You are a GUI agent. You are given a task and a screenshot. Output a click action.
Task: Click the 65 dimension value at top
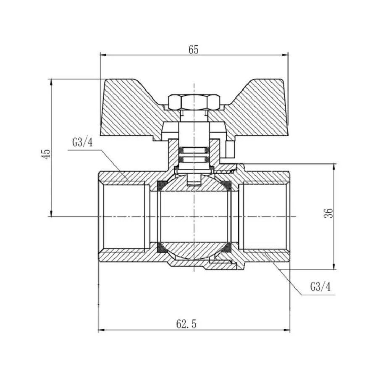point(193,49)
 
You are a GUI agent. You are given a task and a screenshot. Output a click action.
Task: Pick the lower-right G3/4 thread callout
point(321,287)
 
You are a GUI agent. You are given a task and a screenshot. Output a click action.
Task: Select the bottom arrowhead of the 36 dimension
point(334,266)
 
